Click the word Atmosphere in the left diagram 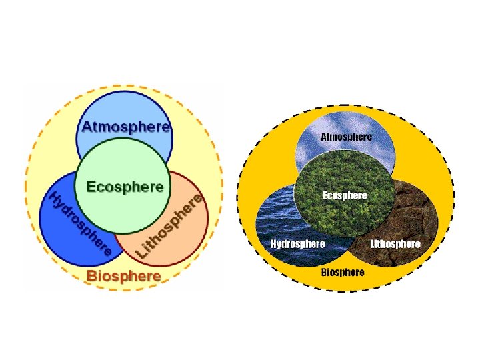[125, 126]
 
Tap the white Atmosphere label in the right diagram [347, 137]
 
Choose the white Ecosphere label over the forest [345, 195]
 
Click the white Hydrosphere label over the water [297, 244]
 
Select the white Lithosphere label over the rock [395, 244]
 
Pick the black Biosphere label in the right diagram [343, 272]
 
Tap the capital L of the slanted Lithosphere [143, 253]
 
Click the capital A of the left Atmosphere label [87, 126]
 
